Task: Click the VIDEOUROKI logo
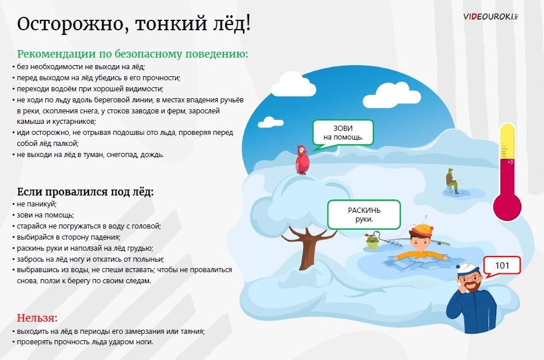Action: [x=490, y=16]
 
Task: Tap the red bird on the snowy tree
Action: [x=302, y=159]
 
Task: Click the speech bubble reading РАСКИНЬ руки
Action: [x=364, y=215]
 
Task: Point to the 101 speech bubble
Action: [x=502, y=266]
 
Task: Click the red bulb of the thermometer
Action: [x=507, y=206]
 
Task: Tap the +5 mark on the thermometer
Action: [x=510, y=162]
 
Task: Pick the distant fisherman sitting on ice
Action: [x=451, y=181]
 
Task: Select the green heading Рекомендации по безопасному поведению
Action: [x=133, y=54]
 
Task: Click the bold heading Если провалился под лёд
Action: [x=86, y=192]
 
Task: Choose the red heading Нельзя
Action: [x=37, y=318]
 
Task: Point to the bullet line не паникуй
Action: [x=37, y=204]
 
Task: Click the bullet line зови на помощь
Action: [x=45, y=215]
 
